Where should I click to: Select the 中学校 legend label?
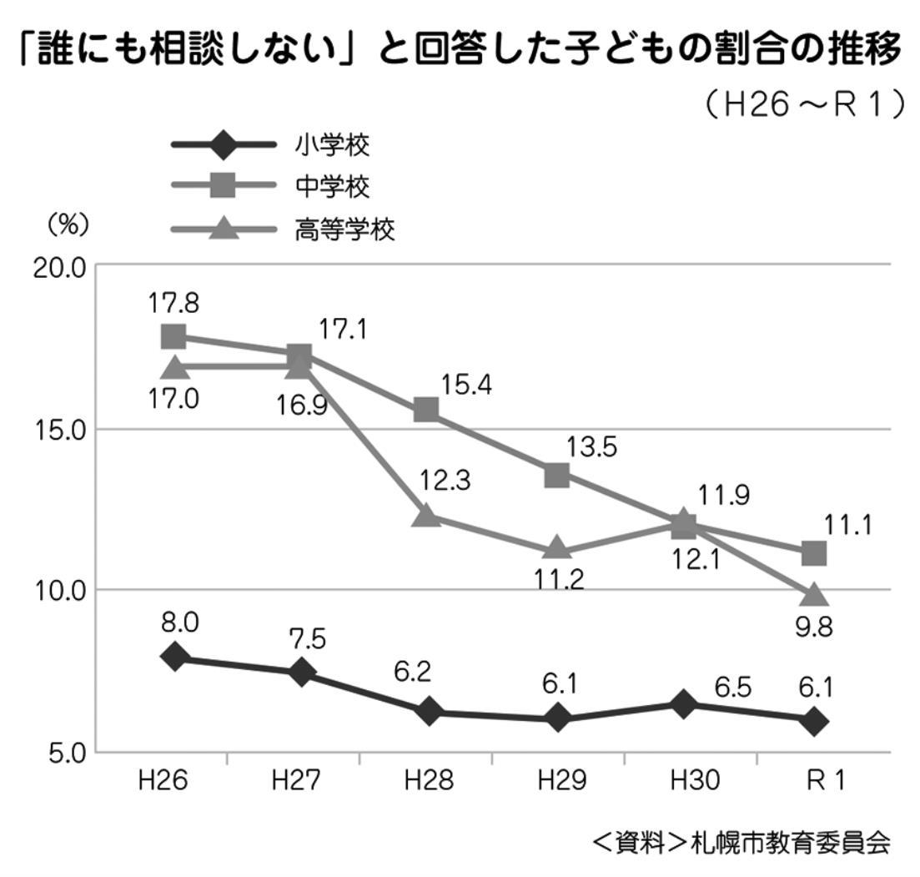tap(331, 187)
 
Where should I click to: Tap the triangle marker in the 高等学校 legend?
tap(223, 228)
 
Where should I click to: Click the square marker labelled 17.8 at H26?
tap(173, 336)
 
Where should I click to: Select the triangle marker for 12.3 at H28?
tap(427, 515)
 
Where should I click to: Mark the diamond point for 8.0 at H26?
tap(175, 656)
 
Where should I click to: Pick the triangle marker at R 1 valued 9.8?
tap(814, 594)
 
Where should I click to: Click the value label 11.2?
tap(557, 578)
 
